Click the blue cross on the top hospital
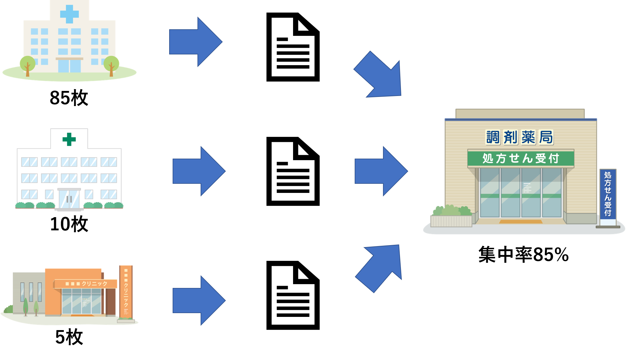69,14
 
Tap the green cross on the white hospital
69,139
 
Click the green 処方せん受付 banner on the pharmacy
520,158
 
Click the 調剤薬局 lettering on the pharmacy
519,137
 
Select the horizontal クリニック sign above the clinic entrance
86,284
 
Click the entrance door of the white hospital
69,199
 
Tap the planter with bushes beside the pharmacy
451,217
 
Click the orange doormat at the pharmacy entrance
520,222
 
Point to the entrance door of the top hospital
69,66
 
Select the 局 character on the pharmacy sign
546,137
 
